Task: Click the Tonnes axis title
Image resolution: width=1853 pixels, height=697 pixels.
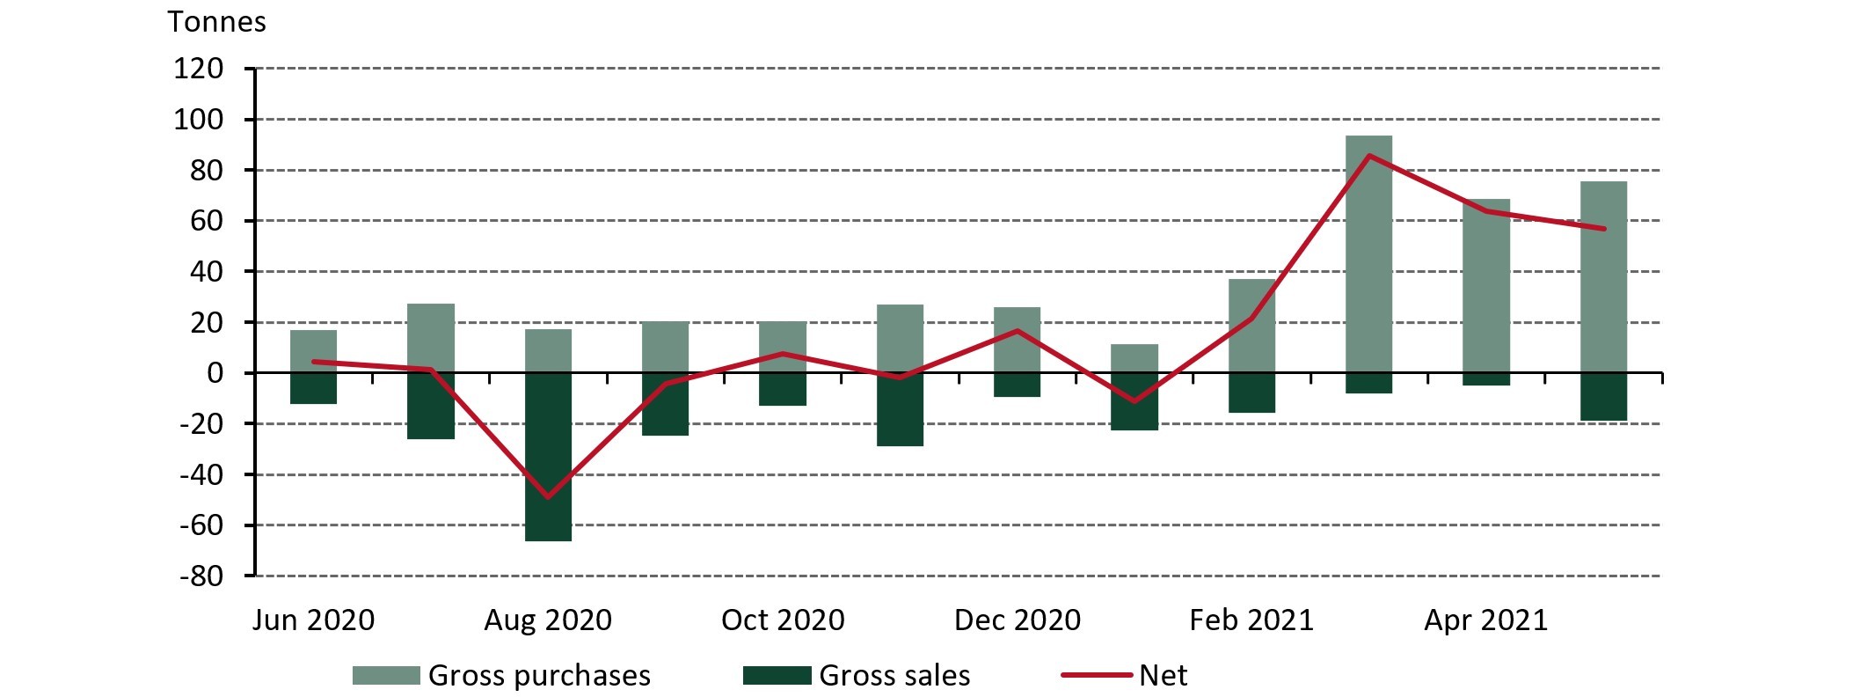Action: [x=216, y=21]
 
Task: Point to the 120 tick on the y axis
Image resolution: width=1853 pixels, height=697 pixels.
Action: [x=198, y=69]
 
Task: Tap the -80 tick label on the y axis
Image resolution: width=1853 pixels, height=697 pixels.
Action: [x=201, y=576]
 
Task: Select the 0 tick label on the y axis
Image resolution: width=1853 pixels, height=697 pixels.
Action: [x=215, y=373]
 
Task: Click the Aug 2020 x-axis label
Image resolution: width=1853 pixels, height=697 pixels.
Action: [x=548, y=620]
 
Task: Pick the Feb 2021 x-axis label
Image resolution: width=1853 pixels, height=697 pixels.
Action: [x=1251, y=620]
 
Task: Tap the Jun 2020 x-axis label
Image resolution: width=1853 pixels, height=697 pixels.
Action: [x=313, y=620]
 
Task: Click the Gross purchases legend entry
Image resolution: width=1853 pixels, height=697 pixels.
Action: [x=501, y=676]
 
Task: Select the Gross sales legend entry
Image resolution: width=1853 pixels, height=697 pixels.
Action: [x=857, y=676]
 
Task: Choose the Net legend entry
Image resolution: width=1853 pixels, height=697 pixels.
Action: [x=1125, y=676]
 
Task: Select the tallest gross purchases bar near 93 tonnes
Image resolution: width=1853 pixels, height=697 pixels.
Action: [x=1368, y=255]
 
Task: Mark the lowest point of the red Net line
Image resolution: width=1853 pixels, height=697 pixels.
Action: [x=548, y=497]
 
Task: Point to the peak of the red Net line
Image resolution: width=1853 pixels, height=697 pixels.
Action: [x=1369, y=156]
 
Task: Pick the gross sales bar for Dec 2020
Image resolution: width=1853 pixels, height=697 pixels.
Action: [x=1017, y=385]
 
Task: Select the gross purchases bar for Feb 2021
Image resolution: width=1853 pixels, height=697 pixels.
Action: [x=1251, y=326]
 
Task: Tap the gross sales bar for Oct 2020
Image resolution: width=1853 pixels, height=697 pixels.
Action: [x=783, y=389]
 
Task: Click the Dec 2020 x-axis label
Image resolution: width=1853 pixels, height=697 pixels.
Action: [x=1017, y=620]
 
